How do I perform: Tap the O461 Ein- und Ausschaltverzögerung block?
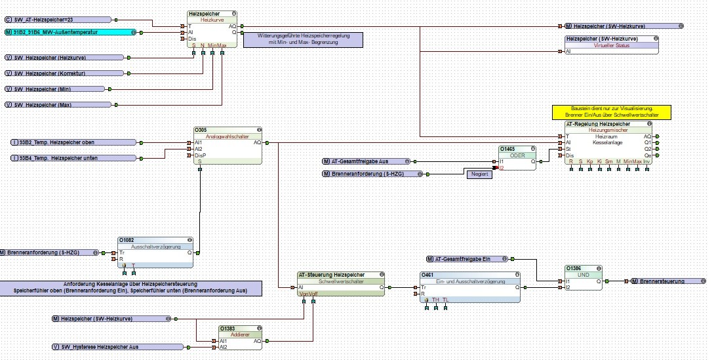(x=470, y=287)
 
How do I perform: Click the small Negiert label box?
(x=479, y=174)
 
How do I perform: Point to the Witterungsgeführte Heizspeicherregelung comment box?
(x=302, y=39)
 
